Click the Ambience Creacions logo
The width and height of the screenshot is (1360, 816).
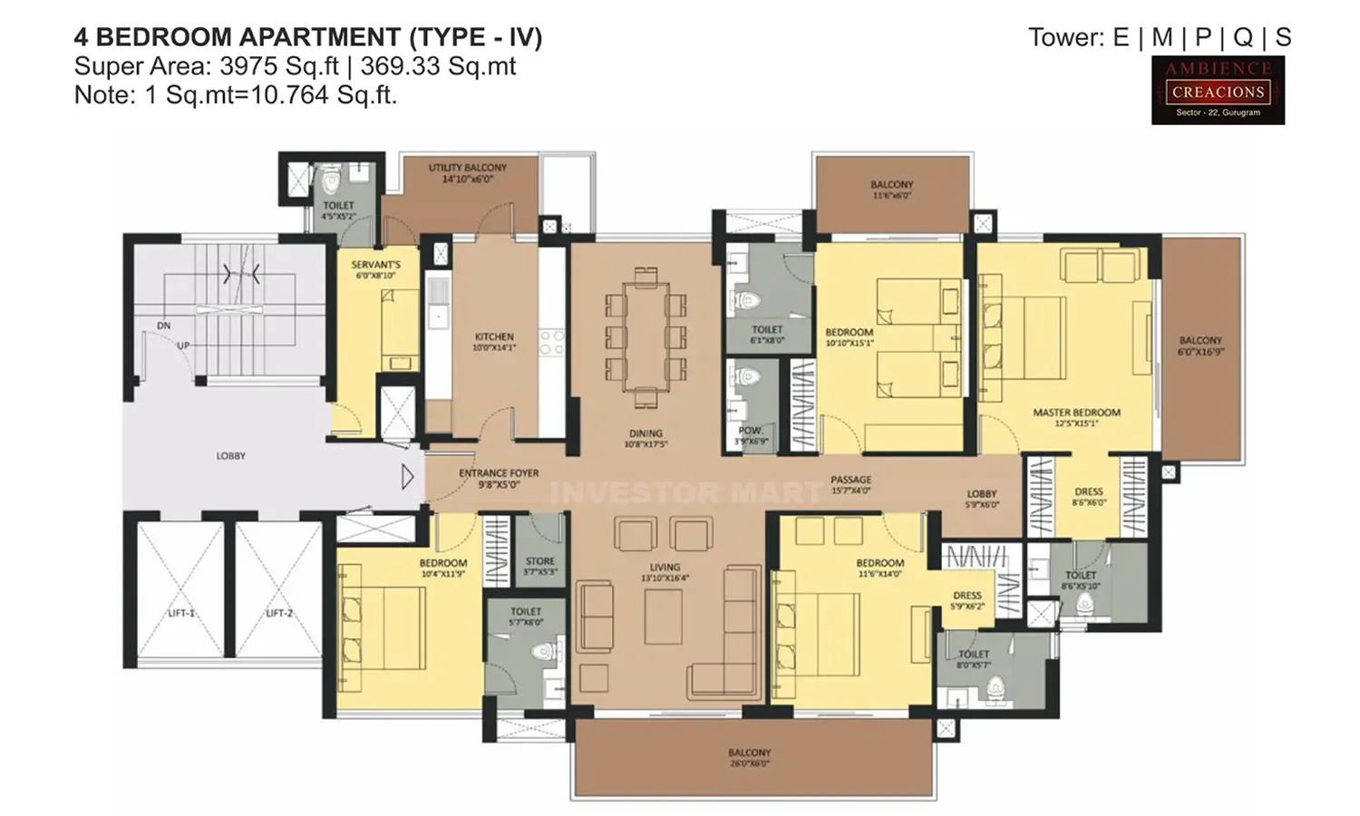(x=1218, y=90)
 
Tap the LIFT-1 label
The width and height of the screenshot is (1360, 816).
(x=181, y=614)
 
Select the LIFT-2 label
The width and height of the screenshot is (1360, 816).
(x=279, y=614)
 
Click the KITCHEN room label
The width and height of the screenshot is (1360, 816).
(x=494, y=341)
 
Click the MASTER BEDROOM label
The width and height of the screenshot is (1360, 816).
(x=1076, y=417)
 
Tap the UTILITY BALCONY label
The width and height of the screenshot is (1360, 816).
(x=468, y=173)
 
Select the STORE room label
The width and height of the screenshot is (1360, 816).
(x=540, y=567)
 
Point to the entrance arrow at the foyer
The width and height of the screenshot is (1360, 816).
(x=407, y=476)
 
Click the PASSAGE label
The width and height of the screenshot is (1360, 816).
(x=850, y=484)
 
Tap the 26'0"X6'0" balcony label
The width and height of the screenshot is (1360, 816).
(x=749, y=758)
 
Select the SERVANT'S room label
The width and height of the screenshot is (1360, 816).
(x=375, y=269)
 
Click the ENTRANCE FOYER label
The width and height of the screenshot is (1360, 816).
(x=499, y=478)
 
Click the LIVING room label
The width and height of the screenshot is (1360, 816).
(x=665, y=572)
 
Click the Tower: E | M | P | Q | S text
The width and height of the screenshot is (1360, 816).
(x=1160, y=37)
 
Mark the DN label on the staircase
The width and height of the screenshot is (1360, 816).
(x=163, y=325)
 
